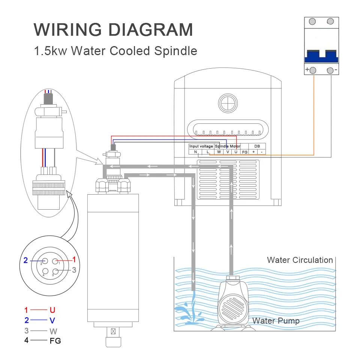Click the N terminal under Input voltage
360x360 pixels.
point(195,152)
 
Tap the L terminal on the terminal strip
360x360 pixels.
point(207,152)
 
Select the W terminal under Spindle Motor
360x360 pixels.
point(219,152)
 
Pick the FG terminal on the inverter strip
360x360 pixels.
point(244,152)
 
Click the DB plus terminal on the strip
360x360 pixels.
point(253,152)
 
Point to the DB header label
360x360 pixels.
point(257,146)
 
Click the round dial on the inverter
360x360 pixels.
point(228,102)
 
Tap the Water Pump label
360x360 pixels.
point(276,321)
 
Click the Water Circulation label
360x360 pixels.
point(300,260)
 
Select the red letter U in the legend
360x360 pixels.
point(52,310)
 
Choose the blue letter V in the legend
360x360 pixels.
point(52,321)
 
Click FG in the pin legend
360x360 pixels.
point(55,341)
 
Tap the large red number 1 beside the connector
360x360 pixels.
point(74,259)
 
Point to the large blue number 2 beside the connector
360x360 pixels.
point(26,260)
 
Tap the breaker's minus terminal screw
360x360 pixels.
point(330,70)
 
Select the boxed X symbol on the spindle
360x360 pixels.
point(113,331)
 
